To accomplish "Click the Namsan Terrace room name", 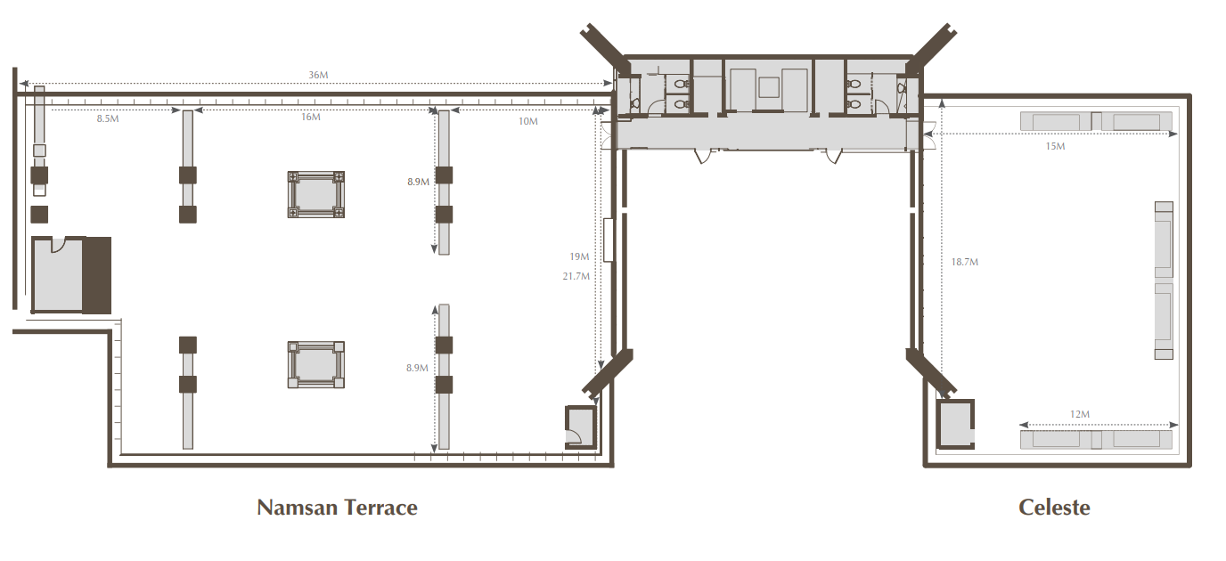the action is click(337, 508).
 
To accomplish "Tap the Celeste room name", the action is click(1054, 508).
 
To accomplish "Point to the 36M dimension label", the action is click(318, 75).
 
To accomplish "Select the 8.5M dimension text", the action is click(108, 118).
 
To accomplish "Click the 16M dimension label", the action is click(311, 117).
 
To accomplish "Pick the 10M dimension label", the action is click(528, 121).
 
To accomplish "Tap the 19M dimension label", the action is click(579, 256).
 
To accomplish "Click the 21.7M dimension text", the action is click(576, 276).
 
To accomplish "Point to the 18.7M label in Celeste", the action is click(964, 262).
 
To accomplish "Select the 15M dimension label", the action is click(1055, 146).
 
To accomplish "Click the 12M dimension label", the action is click(1080, 414).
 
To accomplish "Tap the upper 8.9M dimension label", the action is click(418, 182).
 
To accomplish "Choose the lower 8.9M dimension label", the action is click(417, 368).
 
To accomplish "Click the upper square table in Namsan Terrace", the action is click(316, 195).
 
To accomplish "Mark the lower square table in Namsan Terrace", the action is click(316, 365).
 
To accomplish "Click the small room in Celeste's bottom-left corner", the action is click(955, 424).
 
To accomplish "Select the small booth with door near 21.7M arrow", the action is click(581, 427).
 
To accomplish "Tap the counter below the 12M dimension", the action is click(1096, 440).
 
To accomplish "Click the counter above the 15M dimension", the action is click(1096, 121).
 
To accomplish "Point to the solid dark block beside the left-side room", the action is click(97, 275).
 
